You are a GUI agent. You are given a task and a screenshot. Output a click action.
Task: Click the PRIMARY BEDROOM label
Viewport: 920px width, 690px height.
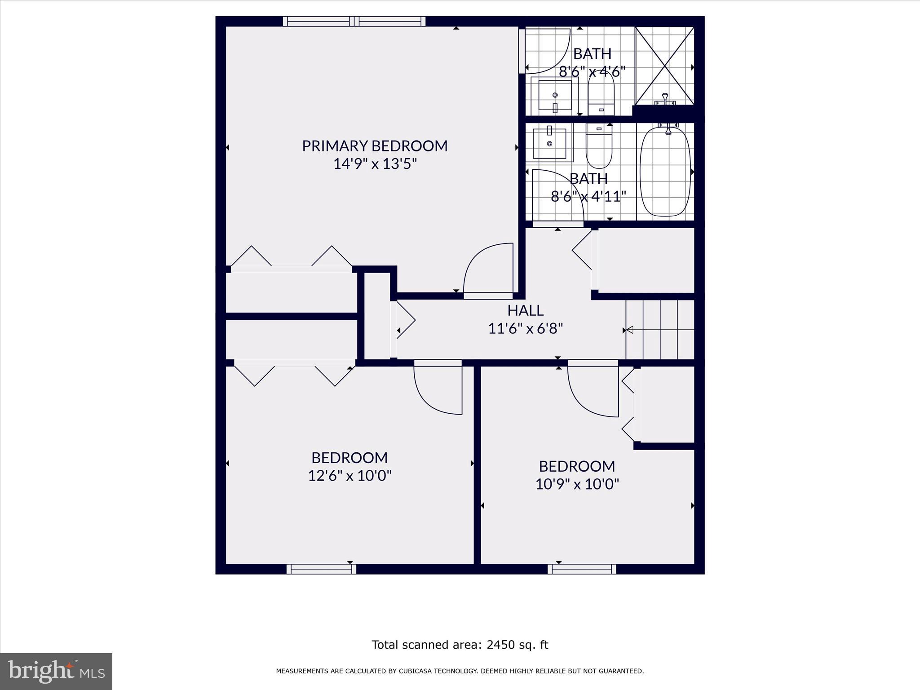click(374, 146)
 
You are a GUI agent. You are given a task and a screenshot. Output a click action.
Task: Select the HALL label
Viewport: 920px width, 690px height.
click(525, 310)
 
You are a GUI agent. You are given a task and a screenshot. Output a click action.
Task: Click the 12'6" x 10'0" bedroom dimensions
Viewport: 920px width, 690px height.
click(349, 476)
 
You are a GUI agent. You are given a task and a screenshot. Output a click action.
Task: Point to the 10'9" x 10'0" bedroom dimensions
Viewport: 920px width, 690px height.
click(577, 484)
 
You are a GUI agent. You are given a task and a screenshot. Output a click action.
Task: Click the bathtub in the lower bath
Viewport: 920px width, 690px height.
click(665, 172)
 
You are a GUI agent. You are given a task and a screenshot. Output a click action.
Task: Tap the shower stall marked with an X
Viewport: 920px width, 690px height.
click(664, 66)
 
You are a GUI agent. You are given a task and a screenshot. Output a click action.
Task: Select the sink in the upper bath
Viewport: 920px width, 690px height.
click(555, 96)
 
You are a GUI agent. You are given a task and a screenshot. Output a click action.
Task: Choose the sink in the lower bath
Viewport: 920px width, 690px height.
click(549, 142)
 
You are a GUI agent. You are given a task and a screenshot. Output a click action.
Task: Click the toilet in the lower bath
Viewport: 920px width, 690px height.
click(599, 146)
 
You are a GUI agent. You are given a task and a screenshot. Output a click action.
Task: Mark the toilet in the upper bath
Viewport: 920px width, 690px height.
click(601, 92)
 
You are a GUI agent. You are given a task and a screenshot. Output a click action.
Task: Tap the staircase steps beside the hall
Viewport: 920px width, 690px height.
click(660, 330)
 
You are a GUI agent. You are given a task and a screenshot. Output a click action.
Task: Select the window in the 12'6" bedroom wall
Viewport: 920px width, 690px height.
click(321, 569)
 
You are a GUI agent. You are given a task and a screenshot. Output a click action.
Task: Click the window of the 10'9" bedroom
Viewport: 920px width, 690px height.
click(582, 569)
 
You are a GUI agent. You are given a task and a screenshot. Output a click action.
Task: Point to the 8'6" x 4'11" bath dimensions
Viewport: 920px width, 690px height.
click(588, 196)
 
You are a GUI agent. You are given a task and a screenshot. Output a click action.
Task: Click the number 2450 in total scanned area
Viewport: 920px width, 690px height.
click(502, 645)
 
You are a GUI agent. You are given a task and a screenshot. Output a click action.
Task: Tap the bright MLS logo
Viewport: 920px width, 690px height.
click(56, 671)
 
